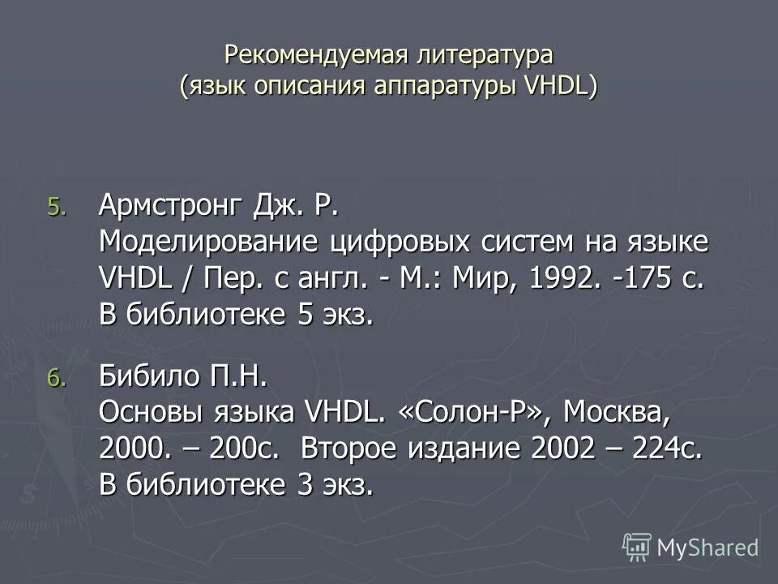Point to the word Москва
(618, 413)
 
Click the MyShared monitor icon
(637, 547)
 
